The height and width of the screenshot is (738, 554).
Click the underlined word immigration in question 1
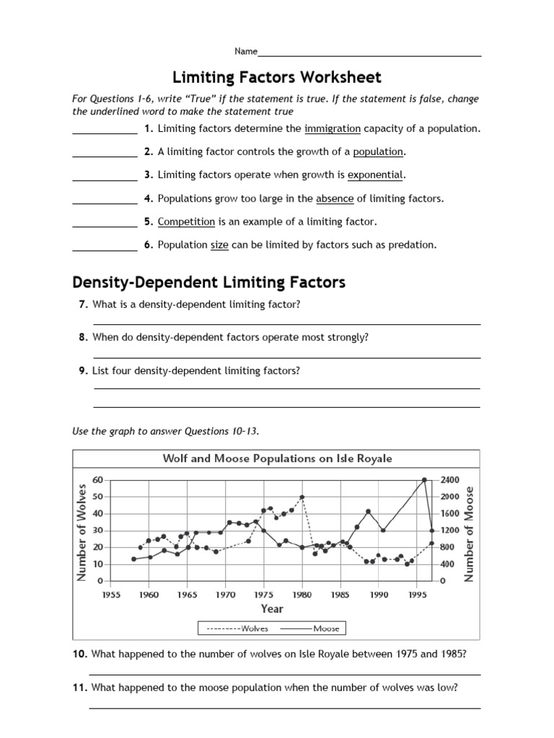[333, 128]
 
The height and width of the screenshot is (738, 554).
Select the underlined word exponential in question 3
[376, 174]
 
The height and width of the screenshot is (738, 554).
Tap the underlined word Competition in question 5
[186, 221]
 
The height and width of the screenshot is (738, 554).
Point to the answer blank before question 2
[105, 153]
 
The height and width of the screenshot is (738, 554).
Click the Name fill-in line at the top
[369, 53]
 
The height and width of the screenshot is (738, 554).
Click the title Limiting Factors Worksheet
[276, 77]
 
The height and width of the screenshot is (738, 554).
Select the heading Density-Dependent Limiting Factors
[208, 282]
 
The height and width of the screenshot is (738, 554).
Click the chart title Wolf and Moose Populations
[277, 458]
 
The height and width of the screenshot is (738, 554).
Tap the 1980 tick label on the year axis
[302, 595]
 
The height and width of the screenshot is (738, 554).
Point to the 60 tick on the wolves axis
[98, 480]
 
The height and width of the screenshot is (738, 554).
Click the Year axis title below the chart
[273, 609]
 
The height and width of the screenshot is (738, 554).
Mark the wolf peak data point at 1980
[302, 497]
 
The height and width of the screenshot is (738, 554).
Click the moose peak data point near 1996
[425, 480]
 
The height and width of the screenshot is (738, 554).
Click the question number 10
[79, 654]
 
